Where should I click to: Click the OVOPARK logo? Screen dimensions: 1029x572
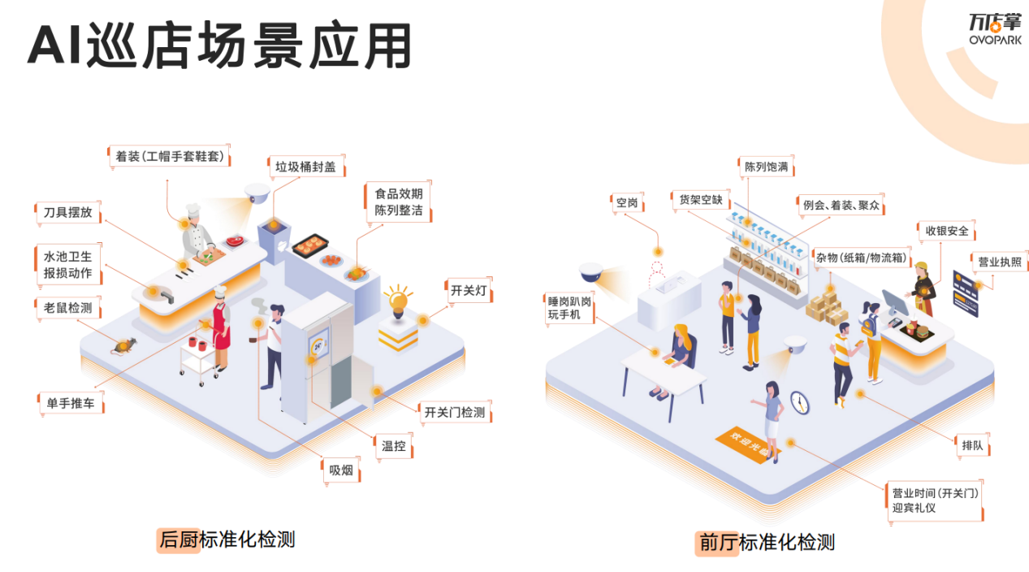pos(995,29)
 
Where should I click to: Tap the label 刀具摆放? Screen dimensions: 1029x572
pos(68,213)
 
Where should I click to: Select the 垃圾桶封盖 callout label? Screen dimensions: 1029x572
pos(306,167)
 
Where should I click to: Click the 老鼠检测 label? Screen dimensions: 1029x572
pos(68,308)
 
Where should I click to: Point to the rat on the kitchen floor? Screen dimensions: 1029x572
pos(123,346)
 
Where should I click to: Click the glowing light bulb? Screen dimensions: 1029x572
pos(398,301)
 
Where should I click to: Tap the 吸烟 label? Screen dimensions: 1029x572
pos(341,470)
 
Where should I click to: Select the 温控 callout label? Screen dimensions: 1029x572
pos(394,445)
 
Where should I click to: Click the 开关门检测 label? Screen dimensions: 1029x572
pos(455,412)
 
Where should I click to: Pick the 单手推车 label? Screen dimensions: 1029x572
pos(71,403)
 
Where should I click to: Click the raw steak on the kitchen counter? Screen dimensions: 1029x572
pos(236,240)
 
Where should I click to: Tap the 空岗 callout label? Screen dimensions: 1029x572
pos(627,203)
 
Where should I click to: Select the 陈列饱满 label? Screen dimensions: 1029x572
pos(766,167)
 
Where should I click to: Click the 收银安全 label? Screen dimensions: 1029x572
pos(947,231)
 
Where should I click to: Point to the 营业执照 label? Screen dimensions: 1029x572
pos(1000,262)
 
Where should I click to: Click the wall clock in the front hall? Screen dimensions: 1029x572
pos(800,402)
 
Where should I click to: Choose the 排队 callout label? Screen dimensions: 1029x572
pos(972,445)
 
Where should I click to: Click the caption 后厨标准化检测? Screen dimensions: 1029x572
pos(227,539)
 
